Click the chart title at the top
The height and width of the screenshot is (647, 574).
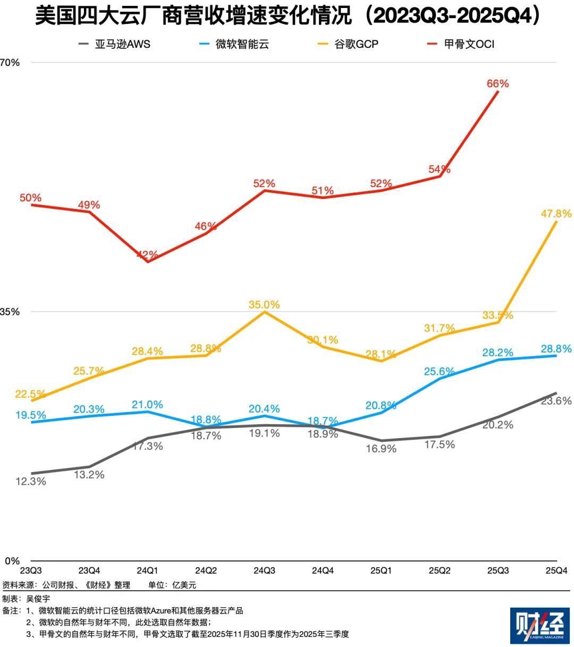(x=287, y=16)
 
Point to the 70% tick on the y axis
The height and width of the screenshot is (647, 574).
(x=10, y=62)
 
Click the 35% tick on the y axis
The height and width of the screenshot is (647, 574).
(x=10, y=312)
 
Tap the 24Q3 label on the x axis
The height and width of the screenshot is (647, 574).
(x=264, y=571)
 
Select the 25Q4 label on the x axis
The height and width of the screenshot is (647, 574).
(x=556, y=571)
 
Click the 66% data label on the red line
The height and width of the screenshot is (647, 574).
(x=497, y=83)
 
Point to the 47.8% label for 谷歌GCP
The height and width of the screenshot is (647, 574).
(x=556, y=214)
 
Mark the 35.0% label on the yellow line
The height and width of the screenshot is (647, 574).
(x=264, y=305)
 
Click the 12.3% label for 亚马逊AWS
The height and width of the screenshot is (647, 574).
(x=31, y=482)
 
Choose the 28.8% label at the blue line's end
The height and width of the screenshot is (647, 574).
(x=556, y=349)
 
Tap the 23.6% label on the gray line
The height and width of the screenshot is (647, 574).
(x=556, y=401)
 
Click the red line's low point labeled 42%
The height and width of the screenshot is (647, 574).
(x=147, y=255)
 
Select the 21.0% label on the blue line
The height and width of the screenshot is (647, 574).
(x=147, y=405)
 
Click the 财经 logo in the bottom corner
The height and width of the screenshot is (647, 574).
(x=539, y=626)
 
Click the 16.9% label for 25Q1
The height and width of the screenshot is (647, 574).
(x=381, y=449)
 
